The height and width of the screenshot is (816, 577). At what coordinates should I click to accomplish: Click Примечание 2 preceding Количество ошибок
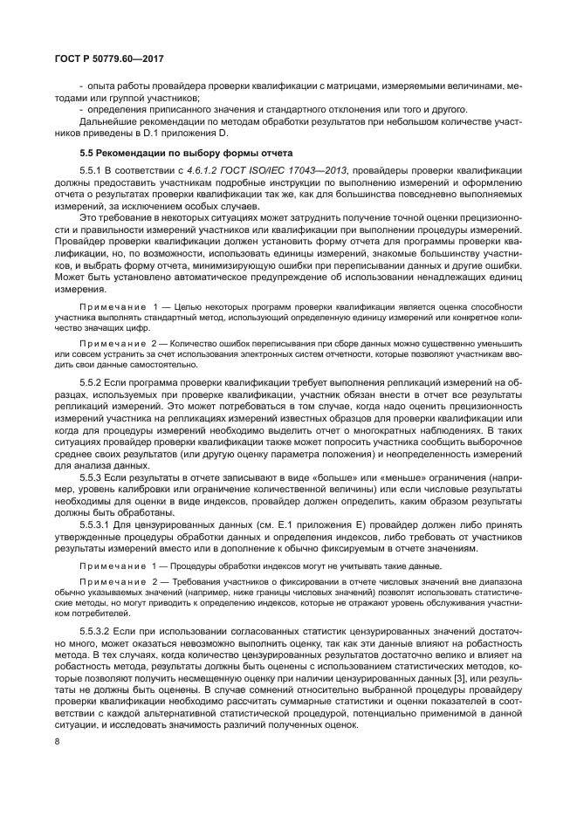[x=113, y=344]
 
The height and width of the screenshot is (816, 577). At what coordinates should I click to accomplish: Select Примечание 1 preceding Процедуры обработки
[x=113, y=566]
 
